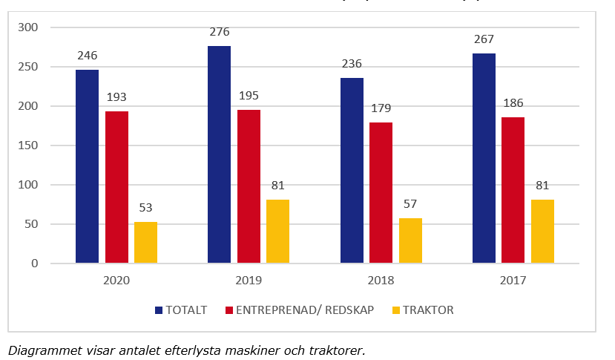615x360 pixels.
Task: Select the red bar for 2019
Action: tap(249, 186)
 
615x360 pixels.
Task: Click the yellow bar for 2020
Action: tap(145, 242)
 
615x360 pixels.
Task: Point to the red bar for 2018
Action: tap(381, 192)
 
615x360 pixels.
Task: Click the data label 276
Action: tap(220, 32)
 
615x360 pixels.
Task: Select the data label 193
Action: tap(116, 96)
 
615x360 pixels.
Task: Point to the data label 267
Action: tap(484, 39)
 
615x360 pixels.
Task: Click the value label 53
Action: tap(145, 207)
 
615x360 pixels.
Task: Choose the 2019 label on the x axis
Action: tap(249, 281)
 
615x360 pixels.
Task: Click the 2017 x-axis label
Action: tap(513, 281)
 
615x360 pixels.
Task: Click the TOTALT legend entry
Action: tap(181, 310)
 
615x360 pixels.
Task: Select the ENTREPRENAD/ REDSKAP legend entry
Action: tap(304, 310)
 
